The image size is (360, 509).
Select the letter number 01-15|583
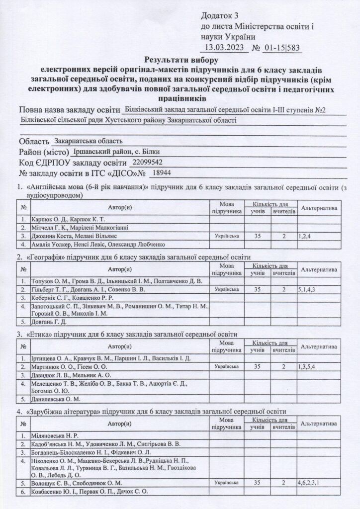click(282, 48)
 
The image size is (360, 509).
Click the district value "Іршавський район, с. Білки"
click(116, 152)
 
